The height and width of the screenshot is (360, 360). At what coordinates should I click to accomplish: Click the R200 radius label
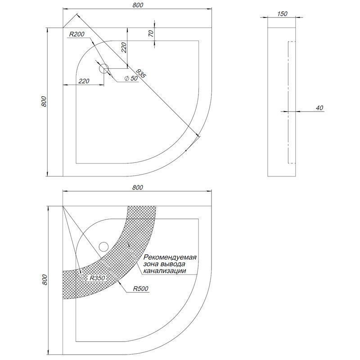76,34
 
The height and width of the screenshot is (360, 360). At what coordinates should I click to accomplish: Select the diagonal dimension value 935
140,73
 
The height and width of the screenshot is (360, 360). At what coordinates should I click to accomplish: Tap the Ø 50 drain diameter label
131,78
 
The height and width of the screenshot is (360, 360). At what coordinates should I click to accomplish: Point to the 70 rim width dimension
151,34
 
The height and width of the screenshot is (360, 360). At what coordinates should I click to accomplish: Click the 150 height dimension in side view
282,14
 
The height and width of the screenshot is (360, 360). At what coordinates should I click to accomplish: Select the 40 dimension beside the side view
319,108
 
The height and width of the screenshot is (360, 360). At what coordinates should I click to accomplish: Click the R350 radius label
97,278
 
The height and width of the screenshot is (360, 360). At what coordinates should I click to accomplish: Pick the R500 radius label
140,288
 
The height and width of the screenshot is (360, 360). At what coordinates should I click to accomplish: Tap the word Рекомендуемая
170,257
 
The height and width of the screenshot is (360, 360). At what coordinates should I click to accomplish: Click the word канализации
164,271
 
